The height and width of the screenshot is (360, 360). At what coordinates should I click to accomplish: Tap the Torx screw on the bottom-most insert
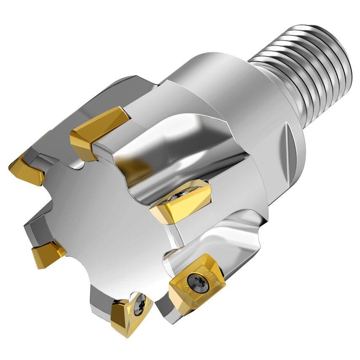(140, 302)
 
